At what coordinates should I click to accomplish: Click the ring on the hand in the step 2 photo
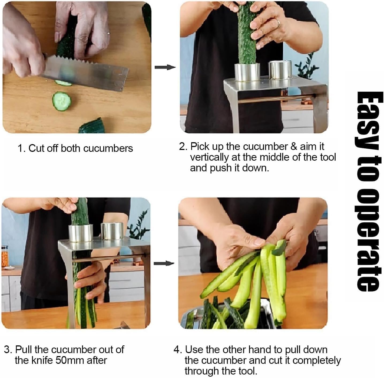pyautogui.click(x=278, y=23)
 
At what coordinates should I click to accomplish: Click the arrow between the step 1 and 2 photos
pyautogui.click(x=165, y=67)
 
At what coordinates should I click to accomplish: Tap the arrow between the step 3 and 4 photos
pyautogui.click(x=164, y=264)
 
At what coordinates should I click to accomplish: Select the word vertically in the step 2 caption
pyautogui.click(x=209, y=157)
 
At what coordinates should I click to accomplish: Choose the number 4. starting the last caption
pyautogui.click(x=178, y=350)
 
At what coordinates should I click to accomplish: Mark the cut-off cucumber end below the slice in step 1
pyautogui.click(x=91, y=126)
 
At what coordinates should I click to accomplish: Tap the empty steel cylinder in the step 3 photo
pyautogui.click(x=112, y=231)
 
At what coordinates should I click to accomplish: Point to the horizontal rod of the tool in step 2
pyautogui.click(x=276, y=99)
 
